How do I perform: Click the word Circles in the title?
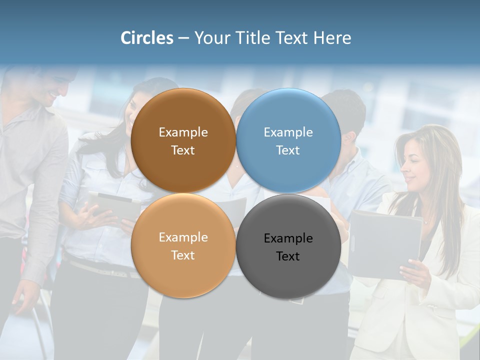click(147, 38)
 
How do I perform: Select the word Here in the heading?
click(332, 38)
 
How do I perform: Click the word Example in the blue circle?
click(288, 132)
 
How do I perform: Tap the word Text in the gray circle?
click(288, 256)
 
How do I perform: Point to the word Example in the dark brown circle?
click(183, 132)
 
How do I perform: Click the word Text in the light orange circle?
click(183, 255)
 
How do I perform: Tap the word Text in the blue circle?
click(288, 150)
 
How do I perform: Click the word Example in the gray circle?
click(288, 238)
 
